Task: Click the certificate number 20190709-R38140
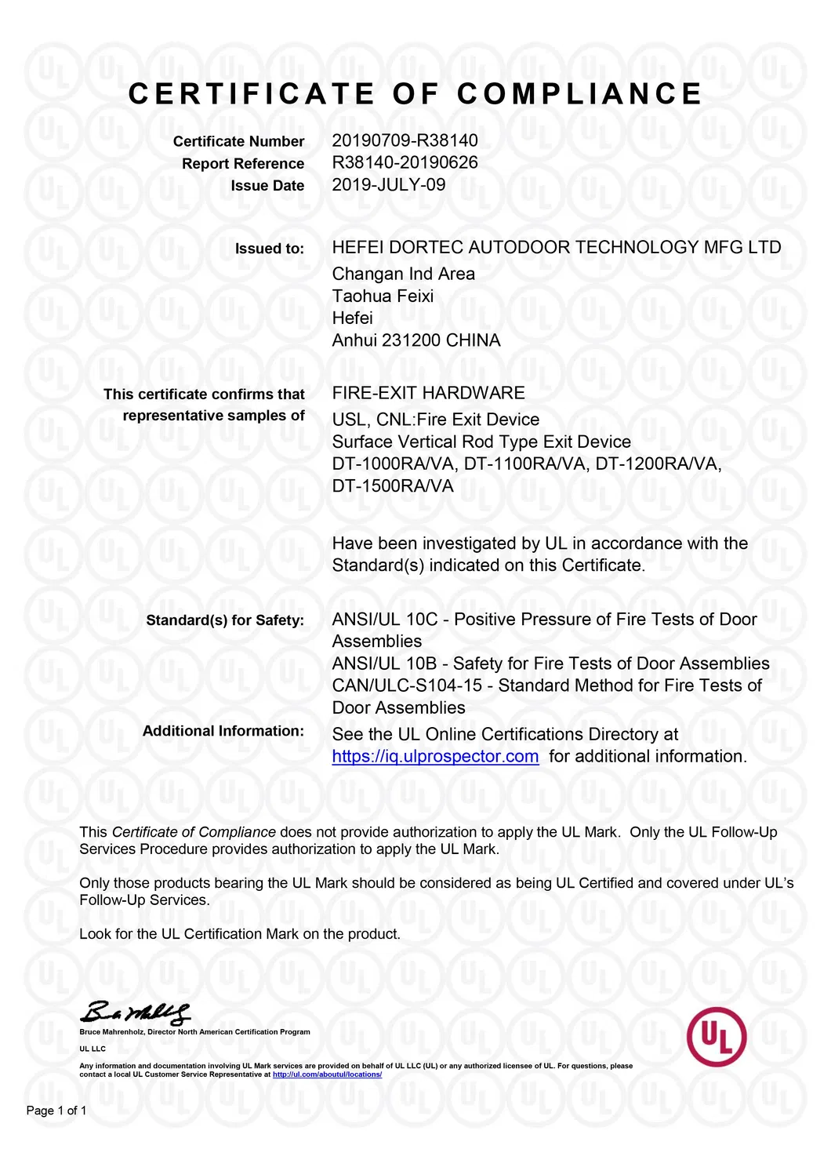[405, 140]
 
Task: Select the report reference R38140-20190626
[405, 162]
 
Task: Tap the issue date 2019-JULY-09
[389, 184]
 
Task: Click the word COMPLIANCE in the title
[579, 94]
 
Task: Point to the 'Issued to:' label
[270, 249]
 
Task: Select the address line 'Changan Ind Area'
[403, 274]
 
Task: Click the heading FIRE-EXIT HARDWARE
[428, 393]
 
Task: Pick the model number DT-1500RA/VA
[393, 485]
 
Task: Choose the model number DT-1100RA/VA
[524, 464]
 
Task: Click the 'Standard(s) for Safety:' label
[225, 620]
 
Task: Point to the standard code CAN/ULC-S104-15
[407, 685]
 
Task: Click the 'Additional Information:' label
[223, 731]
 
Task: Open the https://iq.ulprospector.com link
[435, 756]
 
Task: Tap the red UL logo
[716, 1037]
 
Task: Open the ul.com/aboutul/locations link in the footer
[327, 1074]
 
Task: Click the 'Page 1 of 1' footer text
[56, 1111]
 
